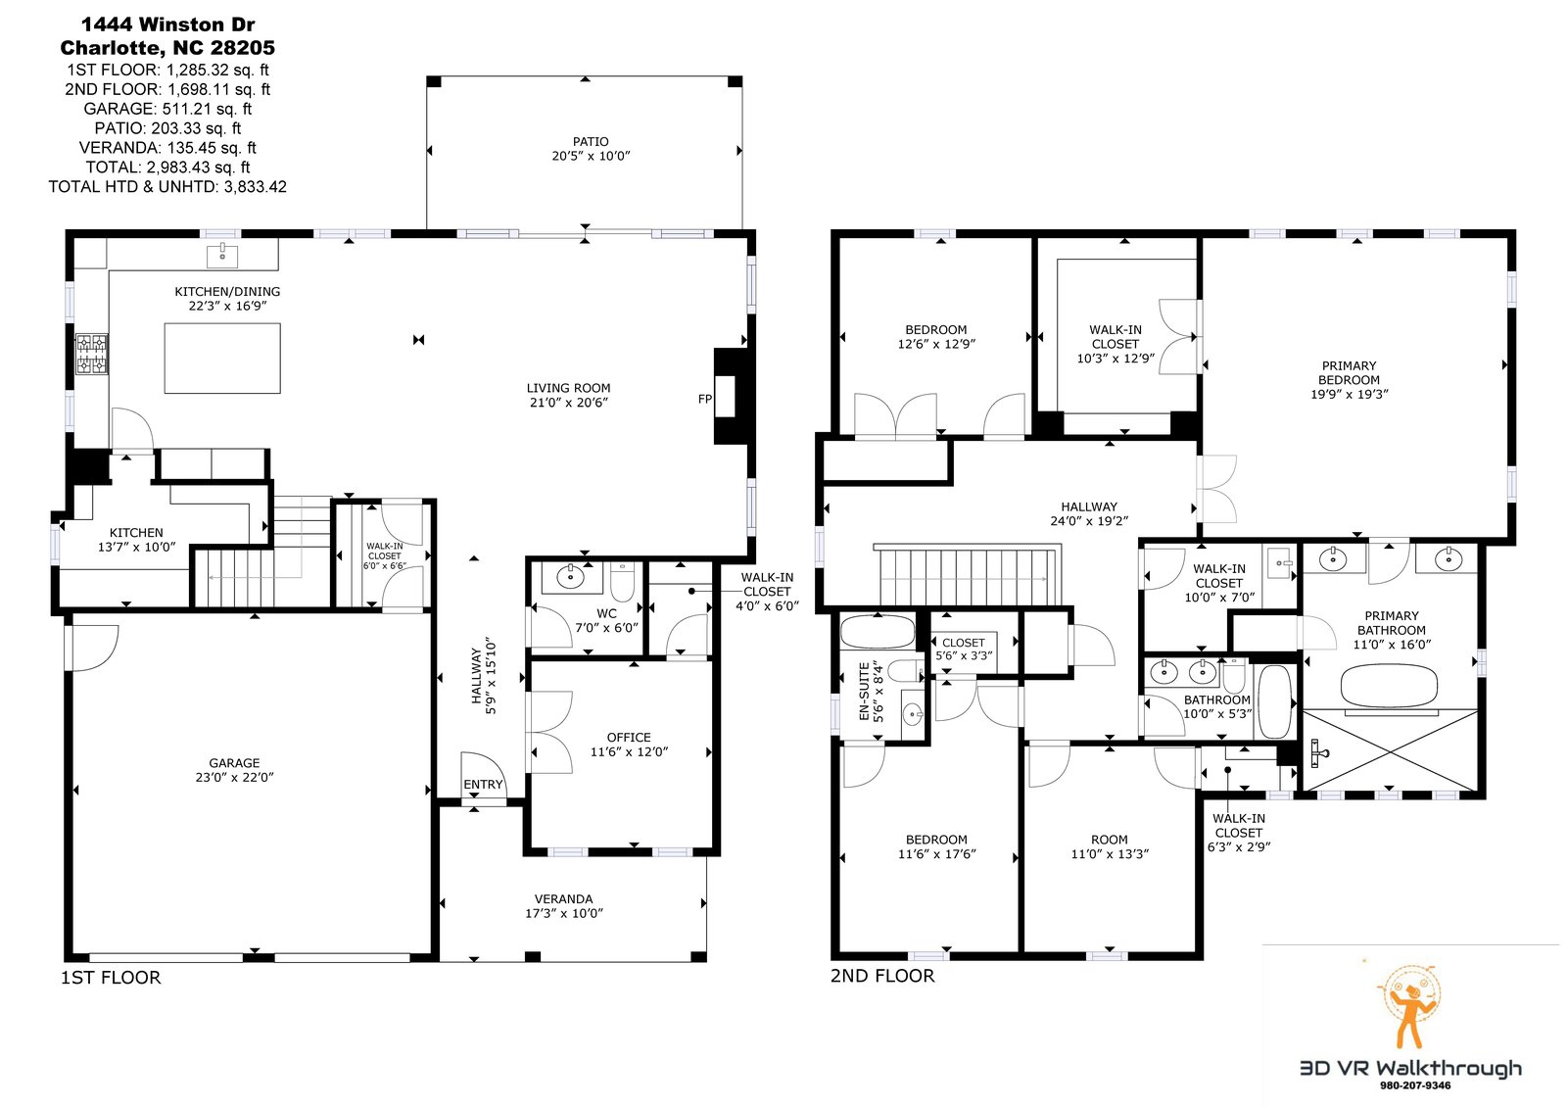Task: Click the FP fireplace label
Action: (x=704, y=399)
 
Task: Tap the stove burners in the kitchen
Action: (x=92, y=354)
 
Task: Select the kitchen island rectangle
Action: (x=222, y=358)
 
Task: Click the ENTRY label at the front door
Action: (x=483, y=784)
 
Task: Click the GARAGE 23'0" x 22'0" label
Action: (x=234, y=770)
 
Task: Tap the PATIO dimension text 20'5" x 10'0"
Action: (x=592, y=156)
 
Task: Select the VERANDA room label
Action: (x=564, y=898)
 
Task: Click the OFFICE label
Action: (x=629, y=737)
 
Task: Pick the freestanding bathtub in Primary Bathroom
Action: (x=1390, y=686)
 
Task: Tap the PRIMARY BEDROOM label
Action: (x=1349, y=372)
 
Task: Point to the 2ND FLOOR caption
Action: (x=882, y=976)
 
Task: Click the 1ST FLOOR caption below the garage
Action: (x=111, y=977)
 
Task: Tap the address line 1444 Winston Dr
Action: (x=167, y=24)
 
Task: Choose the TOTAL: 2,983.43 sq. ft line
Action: (x=167, y=168)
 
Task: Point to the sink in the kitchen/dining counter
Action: (x=222, y=256)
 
